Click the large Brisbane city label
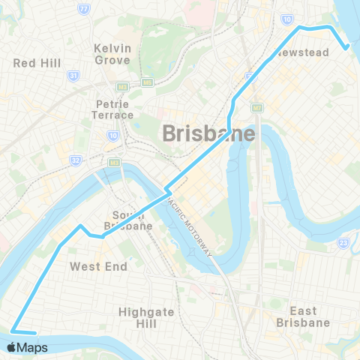click(x=208, y=133)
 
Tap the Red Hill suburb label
click(x=37, y=63)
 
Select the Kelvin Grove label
click(x=112, y=54)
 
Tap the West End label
click(x=98, y=266)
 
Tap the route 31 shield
click(x=73, y=76)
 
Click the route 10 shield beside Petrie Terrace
click(x=112, y=135)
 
